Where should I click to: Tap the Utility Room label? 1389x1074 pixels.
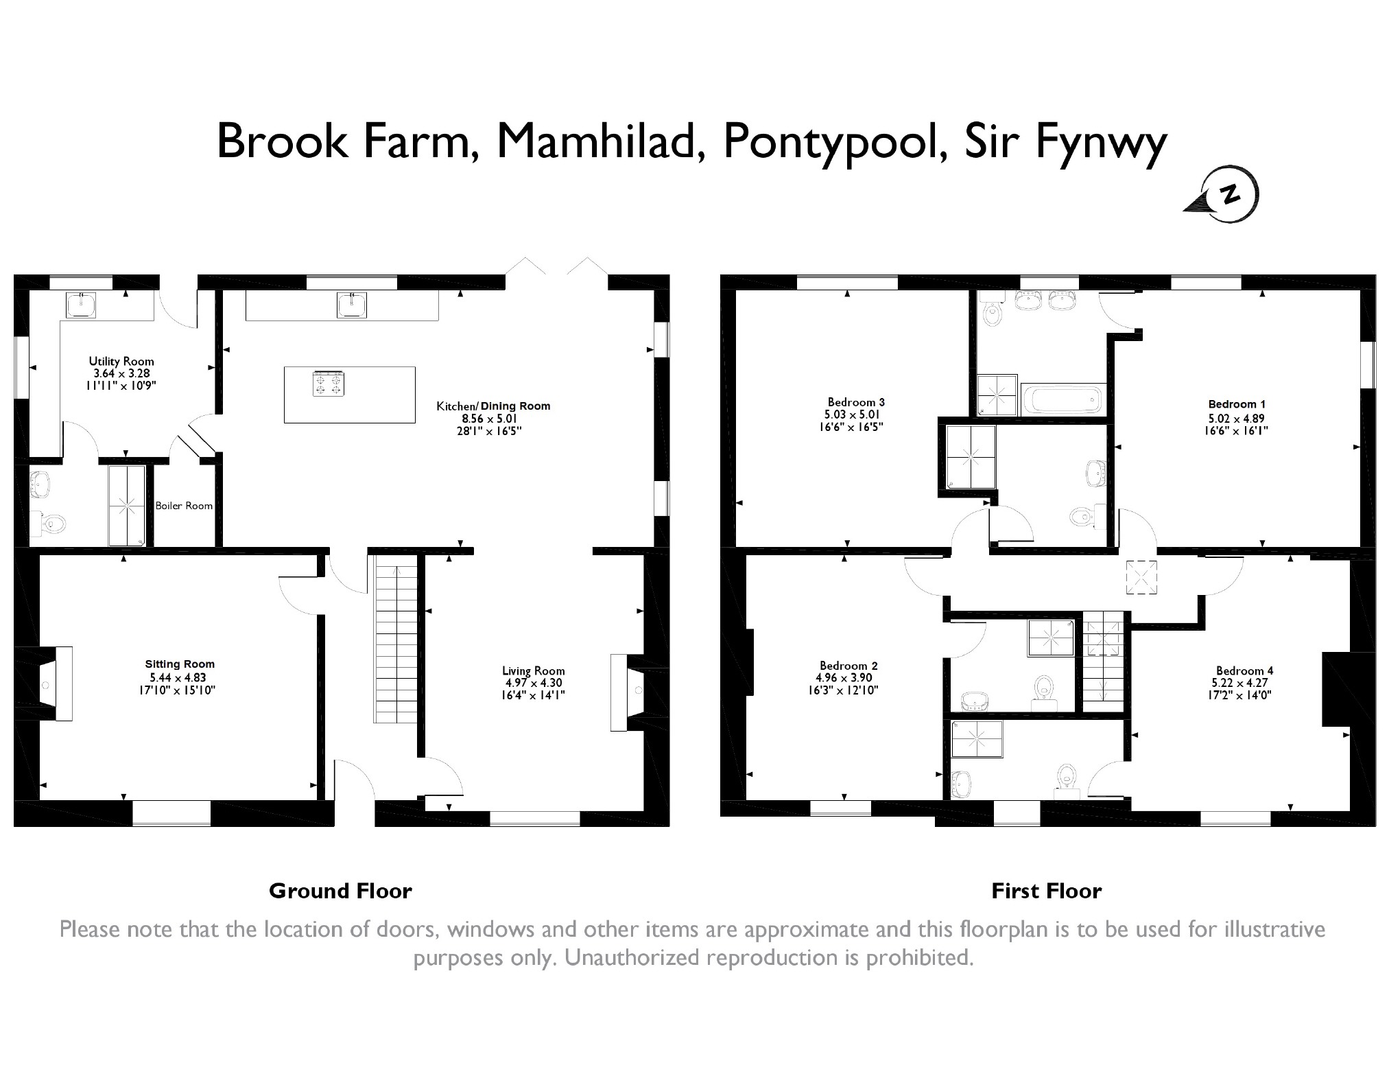121,361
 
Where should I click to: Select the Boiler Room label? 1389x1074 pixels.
184,506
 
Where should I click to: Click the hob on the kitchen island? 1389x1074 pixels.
328,384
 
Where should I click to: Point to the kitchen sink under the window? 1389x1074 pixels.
352,305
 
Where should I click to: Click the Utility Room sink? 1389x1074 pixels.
81,305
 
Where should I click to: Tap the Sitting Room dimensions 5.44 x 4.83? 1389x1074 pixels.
178,677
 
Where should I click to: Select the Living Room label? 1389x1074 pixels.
533,670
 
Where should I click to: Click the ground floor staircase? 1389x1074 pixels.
395,638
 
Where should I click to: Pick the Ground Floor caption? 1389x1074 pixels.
340,891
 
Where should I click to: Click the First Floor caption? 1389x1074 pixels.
1046,891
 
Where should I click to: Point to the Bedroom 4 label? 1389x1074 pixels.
1244,670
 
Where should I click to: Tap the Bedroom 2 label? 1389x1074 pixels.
848,665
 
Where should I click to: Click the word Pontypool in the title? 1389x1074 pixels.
830,141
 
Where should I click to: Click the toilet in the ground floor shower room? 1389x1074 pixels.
52,524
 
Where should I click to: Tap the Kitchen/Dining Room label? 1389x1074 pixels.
493,406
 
